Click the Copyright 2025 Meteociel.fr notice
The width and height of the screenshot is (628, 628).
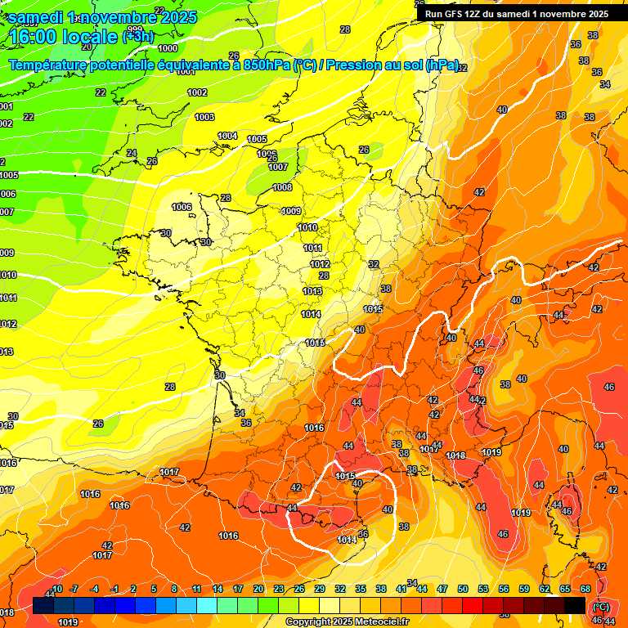pyautogui.click(x=347, y=621)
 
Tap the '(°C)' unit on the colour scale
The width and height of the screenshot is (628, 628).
pyautogui.click(x=599, y=606)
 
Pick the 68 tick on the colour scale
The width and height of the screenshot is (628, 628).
pyautogui.click(x=585, y=589)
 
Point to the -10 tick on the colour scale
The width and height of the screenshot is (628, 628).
pyautogui.click(x=56, y=589)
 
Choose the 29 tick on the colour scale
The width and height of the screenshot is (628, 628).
pyautogui.click(x=320, y=589)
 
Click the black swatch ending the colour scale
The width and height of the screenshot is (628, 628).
pyautogui.click(x=575, y=605)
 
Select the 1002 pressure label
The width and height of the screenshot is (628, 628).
pyautogui.click(x=197, y=92)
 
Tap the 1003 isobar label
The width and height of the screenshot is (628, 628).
pyautogui.click(x=204, y=118)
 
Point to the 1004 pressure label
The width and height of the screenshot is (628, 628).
pyautogui.click(x=227, y=136)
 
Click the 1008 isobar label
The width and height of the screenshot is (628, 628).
pyautogui.click(x=282, y=187)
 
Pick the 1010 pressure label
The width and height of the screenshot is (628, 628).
pyautogui.click(x=307, y=227)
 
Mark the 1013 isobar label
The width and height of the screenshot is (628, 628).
pyautogui.click(x=312, y=291)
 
